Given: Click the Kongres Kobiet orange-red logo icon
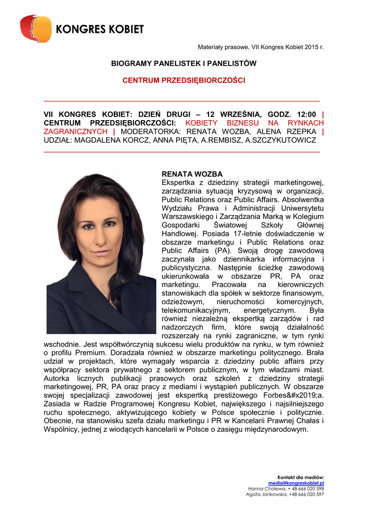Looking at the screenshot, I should click(36, 28).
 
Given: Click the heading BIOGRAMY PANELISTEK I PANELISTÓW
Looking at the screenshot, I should click(184, 63).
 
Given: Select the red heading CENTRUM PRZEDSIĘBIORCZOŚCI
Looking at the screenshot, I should click(184, 81).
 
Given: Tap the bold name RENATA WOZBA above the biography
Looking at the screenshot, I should click(185, 174).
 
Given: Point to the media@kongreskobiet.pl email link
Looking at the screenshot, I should click(296, 483).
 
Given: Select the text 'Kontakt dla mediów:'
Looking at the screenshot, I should click(300, 477).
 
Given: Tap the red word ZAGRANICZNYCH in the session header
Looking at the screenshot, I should click(76, 131).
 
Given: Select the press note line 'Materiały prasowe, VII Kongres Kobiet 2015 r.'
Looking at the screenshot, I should click(260, 47).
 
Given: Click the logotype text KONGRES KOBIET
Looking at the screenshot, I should click(99, 29).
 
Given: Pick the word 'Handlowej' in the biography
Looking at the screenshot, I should click(180, 234).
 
